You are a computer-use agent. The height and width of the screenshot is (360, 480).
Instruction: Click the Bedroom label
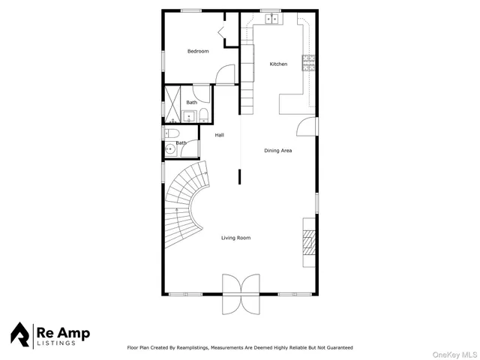(x=198, y=51)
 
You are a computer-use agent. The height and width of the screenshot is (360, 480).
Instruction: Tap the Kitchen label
(x=278, y=64)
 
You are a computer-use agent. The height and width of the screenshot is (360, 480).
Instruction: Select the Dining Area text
(x=277, y=151)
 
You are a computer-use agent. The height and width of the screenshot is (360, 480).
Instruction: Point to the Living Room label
(x=235, y=238)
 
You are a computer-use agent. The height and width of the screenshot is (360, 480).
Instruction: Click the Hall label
(x=220, y=135)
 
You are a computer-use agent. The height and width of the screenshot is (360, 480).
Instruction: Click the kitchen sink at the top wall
(x=270, y=18)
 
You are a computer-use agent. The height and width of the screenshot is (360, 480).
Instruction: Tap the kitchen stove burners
(x=307, y=64)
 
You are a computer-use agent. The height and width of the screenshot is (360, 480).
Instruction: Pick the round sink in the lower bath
(x=171, y=149)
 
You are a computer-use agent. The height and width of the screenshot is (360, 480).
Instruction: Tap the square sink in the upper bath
(x=187, y=116)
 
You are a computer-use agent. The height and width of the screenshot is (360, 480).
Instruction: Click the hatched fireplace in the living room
(x=307, y=242)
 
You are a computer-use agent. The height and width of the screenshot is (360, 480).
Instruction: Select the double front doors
(x=240, y=294)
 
